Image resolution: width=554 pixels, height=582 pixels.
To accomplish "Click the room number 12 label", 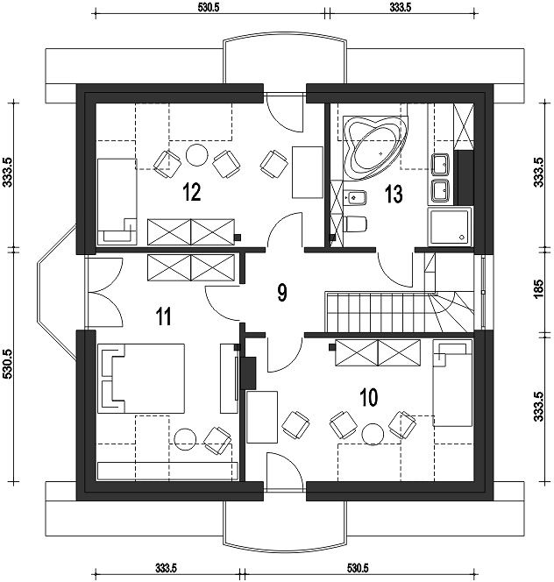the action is coord(192,192).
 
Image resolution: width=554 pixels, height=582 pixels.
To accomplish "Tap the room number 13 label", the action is coord(394,194).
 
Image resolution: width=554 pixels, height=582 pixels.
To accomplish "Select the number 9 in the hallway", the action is coord(282,293).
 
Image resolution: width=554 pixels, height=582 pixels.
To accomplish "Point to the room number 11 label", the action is coord(164,316).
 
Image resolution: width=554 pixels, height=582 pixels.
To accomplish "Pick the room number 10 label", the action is coord(369,397).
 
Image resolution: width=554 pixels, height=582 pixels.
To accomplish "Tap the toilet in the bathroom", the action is coord(355,224).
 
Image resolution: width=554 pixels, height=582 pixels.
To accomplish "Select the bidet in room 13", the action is coord(355,197).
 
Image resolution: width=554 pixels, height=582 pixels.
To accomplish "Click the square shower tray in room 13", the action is coord(450,226).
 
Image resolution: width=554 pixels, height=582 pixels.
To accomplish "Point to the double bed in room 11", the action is coord(141,379).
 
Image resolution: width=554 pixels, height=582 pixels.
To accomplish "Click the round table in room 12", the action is coord(196,155).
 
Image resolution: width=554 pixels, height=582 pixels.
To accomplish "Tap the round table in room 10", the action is coord(373,434).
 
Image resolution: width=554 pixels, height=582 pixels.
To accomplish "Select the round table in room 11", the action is coord(185,439).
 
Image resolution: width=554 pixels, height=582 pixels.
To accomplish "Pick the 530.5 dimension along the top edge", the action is coord(209,7).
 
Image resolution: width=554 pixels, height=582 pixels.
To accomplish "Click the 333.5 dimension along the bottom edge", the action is coord(166,568).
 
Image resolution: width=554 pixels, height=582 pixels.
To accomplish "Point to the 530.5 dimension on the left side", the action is coord(7,364).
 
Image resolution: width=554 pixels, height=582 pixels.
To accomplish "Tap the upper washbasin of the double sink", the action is coord(440,165).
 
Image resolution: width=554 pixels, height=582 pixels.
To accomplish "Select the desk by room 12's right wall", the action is coord(308,172).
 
